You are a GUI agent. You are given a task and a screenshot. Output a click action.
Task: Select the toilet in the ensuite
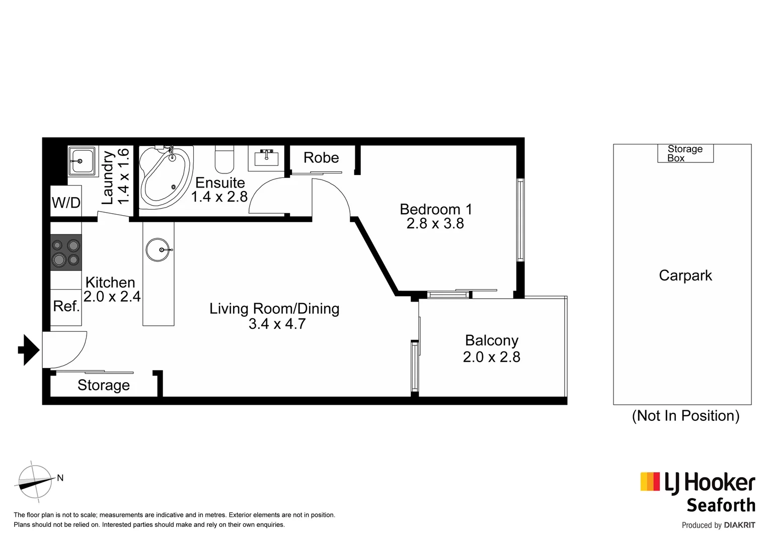224,159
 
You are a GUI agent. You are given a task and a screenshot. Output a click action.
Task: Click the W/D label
66,203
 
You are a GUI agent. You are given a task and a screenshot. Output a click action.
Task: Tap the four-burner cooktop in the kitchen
66,252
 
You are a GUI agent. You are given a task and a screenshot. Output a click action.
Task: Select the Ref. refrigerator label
66,306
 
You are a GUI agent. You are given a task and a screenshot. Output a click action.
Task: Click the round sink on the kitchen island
159,250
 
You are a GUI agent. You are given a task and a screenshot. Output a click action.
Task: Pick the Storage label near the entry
104,385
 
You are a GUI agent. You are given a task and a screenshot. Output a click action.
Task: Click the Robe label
321,158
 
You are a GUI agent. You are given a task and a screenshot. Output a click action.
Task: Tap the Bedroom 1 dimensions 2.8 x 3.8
435,224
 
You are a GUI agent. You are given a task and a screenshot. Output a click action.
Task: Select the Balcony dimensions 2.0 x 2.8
491,357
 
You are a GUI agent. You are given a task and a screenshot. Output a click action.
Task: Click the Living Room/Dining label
274,309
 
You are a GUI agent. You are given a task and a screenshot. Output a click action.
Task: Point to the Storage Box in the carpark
685,153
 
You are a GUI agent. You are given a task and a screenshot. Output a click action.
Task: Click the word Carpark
685,276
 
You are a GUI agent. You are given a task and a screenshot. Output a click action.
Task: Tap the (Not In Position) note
685,416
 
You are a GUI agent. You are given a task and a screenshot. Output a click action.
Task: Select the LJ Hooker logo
698,483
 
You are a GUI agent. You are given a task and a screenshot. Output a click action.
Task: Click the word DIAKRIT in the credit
739,525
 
